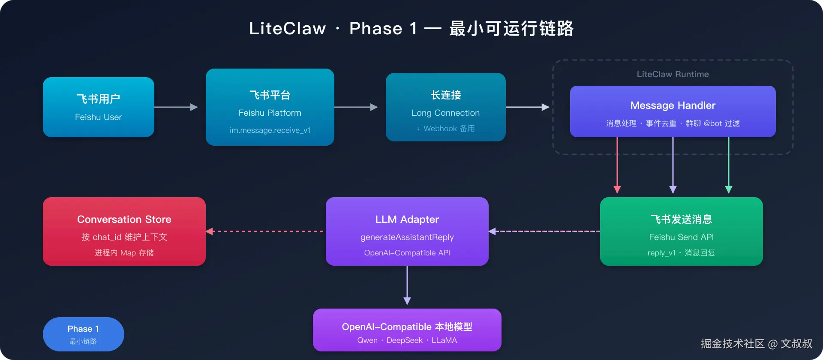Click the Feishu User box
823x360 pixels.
[99, 107]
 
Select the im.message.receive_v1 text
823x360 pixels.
[270, 130]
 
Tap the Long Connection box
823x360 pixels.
[446, 107]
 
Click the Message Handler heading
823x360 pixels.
[673, 105]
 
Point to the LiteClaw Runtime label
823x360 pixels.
[673, 74]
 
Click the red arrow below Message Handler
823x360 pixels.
[617, 165]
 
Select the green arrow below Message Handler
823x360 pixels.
[729, 165]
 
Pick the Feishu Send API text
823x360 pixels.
[681, 237]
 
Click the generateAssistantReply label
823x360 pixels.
[407, 237]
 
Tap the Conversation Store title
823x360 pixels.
[124, 219]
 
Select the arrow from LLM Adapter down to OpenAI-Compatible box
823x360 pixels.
[407, 285]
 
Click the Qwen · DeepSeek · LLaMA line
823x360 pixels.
[407, 340]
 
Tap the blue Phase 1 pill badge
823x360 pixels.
[84, 334]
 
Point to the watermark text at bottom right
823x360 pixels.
[757, 344]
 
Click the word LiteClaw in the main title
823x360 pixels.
[288, 29]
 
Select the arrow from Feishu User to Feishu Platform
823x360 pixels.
[176, 107]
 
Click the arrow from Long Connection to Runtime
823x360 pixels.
[527, 107]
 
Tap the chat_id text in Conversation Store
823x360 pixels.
[107, 237]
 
